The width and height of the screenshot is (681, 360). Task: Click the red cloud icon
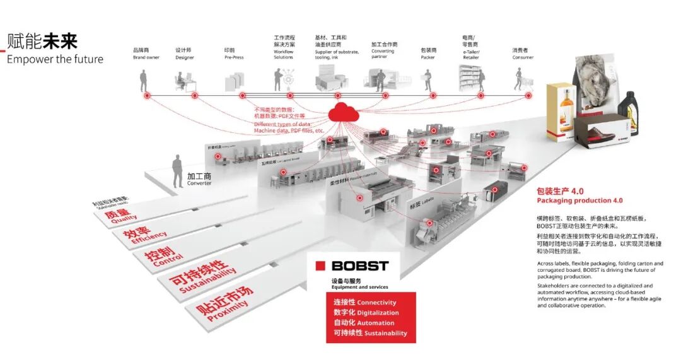click(x=343, y=113)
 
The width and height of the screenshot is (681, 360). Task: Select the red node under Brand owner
click(x=147, y=96)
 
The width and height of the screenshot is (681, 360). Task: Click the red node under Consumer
click(x=528, y=96)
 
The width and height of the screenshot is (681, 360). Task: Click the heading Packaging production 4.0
click(x=579, y=200)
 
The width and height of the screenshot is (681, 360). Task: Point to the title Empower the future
click(x=55, y=59)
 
